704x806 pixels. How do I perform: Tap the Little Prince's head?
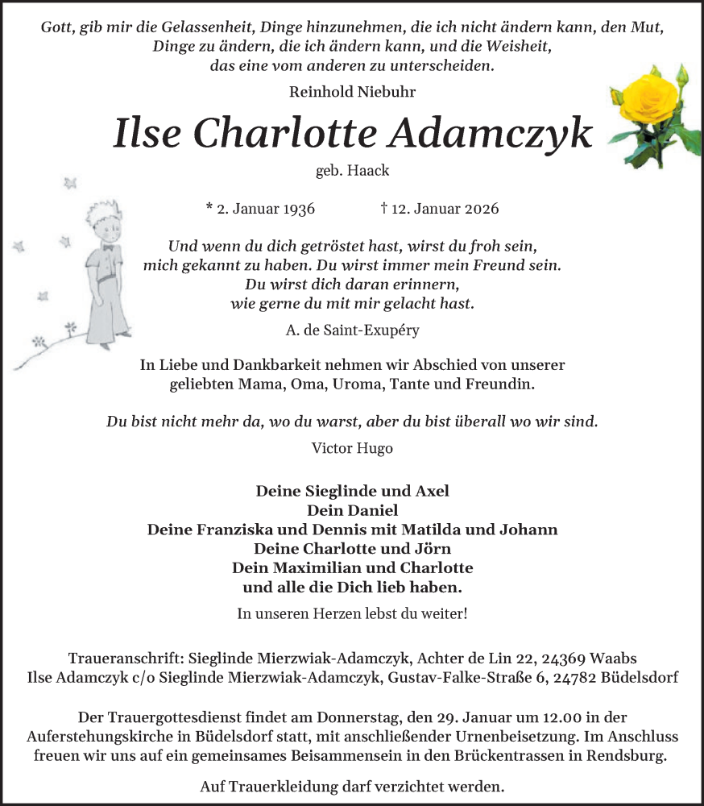105,222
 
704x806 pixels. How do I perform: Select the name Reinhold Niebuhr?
353,92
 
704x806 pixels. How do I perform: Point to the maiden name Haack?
368,171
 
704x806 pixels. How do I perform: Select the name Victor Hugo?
352,448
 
